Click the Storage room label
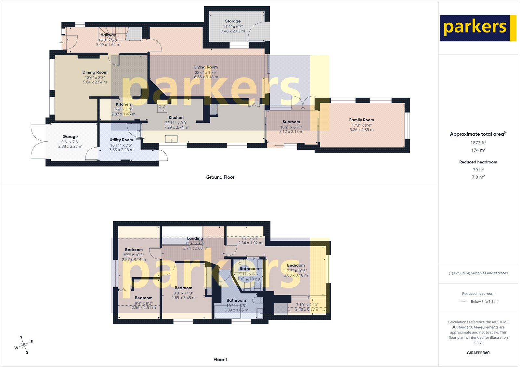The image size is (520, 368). coord(233,21)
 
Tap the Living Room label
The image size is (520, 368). coord(206,67)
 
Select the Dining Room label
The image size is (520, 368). coord(95,72)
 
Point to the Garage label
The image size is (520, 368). coord(70,137)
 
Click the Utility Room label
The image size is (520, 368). coord(121,140)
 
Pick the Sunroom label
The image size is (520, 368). coord(291,122)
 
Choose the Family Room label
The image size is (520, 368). coord(361,120)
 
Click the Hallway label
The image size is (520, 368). coord(108,35)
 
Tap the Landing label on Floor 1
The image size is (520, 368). coord(195,239)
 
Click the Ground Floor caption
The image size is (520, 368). coord(220,177)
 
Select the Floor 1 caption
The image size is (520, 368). coord(220,360)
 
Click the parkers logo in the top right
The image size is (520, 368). coord(478,28)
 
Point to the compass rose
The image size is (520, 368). coord(24,346)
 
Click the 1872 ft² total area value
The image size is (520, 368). coord(478,143)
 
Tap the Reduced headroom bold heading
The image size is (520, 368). coord(478,162)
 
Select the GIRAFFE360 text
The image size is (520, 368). coord(478,353)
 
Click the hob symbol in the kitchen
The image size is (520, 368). coord(162,108)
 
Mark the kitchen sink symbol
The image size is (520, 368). coord(172,139)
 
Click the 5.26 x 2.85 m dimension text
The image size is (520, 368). coord(361,130)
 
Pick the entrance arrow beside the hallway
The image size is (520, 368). coord(61,42)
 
